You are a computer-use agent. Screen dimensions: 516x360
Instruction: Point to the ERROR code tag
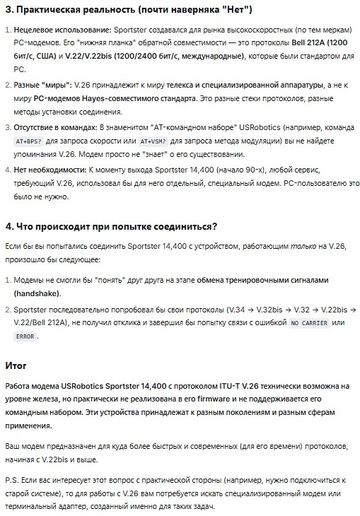click(x=24, y=336)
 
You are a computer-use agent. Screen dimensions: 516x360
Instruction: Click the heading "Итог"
click(x=16, y=365)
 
